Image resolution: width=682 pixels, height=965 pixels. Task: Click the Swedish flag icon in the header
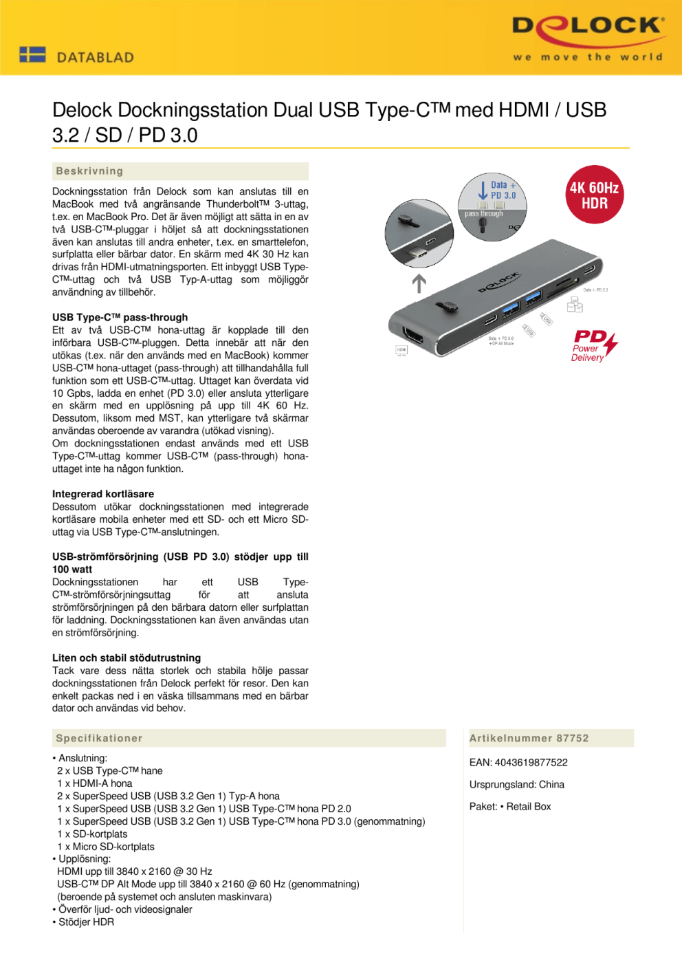32,54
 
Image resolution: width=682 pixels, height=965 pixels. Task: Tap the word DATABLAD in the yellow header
96,58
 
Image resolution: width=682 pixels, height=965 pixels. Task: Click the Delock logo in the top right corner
588,38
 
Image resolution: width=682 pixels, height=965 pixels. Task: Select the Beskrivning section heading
89,171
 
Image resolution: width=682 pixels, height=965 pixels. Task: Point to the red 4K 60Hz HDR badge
594,195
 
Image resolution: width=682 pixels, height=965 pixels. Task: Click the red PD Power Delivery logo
594,345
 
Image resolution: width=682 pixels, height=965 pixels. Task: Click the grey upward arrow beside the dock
419,283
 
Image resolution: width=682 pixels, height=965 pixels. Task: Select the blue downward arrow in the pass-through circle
483,191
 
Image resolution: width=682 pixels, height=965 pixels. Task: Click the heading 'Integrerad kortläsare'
103,494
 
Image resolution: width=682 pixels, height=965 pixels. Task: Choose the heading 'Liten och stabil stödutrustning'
126,658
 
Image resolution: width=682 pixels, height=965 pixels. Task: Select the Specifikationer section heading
99,738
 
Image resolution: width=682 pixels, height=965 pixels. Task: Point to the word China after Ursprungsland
551,785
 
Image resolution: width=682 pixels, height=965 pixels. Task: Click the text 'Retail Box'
529,807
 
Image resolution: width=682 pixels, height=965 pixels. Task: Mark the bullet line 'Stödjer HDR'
86,922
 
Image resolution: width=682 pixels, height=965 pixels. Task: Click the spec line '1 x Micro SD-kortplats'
106,847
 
